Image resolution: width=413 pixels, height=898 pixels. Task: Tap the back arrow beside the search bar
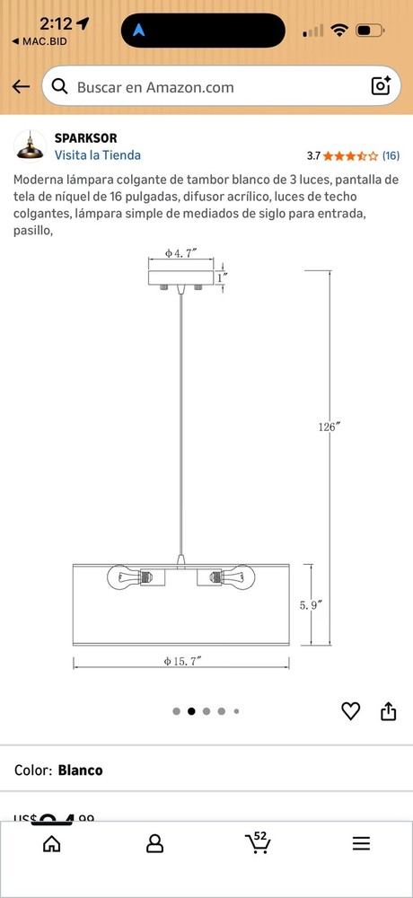[21, 87]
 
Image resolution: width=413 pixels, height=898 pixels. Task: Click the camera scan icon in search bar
[381, 86]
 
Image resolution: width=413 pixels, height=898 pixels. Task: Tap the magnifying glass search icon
[60, 87]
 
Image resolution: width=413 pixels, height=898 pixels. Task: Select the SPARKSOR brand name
[85, 138]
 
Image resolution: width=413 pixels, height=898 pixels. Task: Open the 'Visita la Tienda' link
[97, 154]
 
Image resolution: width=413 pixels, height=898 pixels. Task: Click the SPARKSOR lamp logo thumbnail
[30, 145]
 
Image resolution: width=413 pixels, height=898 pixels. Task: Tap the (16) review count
[391, 155]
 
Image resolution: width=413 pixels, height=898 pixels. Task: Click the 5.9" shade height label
[311, 604]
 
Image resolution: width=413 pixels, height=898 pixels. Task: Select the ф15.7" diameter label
[181, 661]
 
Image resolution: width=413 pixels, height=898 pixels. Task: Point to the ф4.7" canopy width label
[181, 253]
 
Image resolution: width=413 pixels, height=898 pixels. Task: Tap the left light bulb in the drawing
[121, 576]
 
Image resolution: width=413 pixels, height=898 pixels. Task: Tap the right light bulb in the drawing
[241, 576]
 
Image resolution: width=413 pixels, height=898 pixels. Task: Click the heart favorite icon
[350, 711]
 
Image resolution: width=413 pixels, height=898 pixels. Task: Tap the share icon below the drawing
[388, 711]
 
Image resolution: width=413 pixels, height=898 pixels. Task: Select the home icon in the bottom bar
[52, 844]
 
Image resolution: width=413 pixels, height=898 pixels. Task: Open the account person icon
[154, 844]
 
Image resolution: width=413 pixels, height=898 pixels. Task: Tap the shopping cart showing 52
[258, 843]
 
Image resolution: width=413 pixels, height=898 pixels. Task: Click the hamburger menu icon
[361, 844]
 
